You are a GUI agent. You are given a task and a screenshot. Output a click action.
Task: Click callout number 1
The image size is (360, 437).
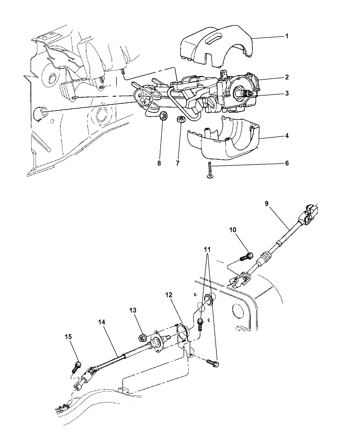pos(287,36)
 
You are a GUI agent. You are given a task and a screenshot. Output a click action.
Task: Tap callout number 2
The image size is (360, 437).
pos(287,77)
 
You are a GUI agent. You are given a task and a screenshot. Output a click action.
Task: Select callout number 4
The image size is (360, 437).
pos(287,136)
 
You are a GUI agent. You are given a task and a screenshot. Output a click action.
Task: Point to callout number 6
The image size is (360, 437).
pos(287,163)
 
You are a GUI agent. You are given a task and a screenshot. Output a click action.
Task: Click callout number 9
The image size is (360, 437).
pos(266,204)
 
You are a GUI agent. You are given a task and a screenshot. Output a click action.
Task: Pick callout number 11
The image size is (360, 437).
pos(207,250)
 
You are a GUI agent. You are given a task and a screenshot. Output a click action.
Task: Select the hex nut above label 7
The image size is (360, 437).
pos(180,120)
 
